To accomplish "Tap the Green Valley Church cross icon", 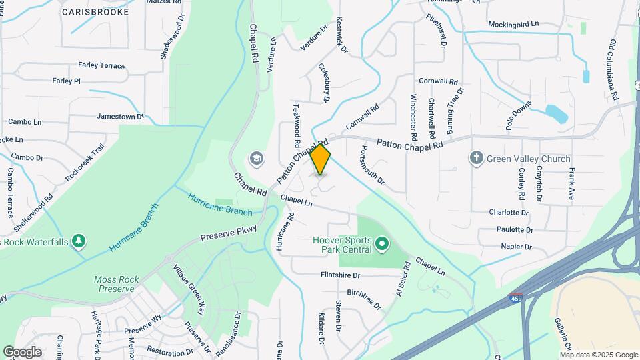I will (476, 159).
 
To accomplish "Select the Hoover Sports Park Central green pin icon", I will (382, 245).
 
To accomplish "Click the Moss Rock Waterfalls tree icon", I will (79, 240).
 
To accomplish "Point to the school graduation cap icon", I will (255, 159).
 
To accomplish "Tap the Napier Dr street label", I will (517, 247).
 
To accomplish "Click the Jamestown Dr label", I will (120, 116).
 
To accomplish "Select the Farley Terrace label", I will (101, 65).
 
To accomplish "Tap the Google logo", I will (21, 352).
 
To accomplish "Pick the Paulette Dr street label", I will (515, 229).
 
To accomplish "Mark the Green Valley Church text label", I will (529, 159).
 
